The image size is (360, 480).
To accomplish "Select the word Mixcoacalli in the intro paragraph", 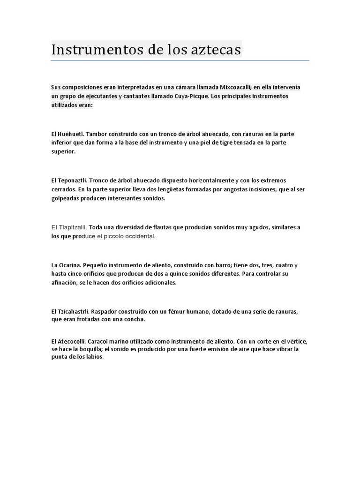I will click(232, 87).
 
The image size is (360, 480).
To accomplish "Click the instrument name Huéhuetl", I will click(71, 134).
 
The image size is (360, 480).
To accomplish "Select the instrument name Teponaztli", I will click(72, 180).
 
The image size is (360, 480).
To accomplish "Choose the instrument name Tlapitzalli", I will click(72, 227).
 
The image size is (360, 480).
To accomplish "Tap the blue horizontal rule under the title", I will click(180, 60).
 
